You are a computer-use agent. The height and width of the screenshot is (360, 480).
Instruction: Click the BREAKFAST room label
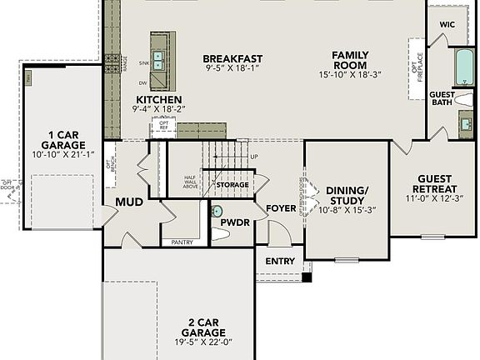click(x=232, y=59)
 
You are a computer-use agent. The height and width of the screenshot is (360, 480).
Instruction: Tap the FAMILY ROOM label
click(x=350, y=59)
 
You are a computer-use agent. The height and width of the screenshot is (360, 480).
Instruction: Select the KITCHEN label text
click(x=159, y=98)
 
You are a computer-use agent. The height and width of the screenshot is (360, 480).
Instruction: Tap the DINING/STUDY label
click(x=347, y=194)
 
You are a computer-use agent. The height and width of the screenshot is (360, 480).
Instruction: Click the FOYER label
click(x=282, y=207)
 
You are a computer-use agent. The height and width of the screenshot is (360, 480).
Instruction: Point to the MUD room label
click(x=129, y=202)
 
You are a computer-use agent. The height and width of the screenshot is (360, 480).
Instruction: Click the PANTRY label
click(x=182, y=242)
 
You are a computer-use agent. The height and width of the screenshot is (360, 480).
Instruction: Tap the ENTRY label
click(x=280, y=261)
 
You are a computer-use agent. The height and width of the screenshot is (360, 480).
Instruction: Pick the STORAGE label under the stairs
click(x=232, y=185)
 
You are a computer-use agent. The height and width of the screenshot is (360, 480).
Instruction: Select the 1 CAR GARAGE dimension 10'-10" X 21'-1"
click(x=62, y=153)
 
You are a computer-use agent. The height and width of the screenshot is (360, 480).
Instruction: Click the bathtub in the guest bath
click(x=462, y=68)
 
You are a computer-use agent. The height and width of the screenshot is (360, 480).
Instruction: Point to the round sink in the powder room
click(x=218, y=212)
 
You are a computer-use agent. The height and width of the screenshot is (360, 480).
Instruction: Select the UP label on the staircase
click(x=253, y=157)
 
